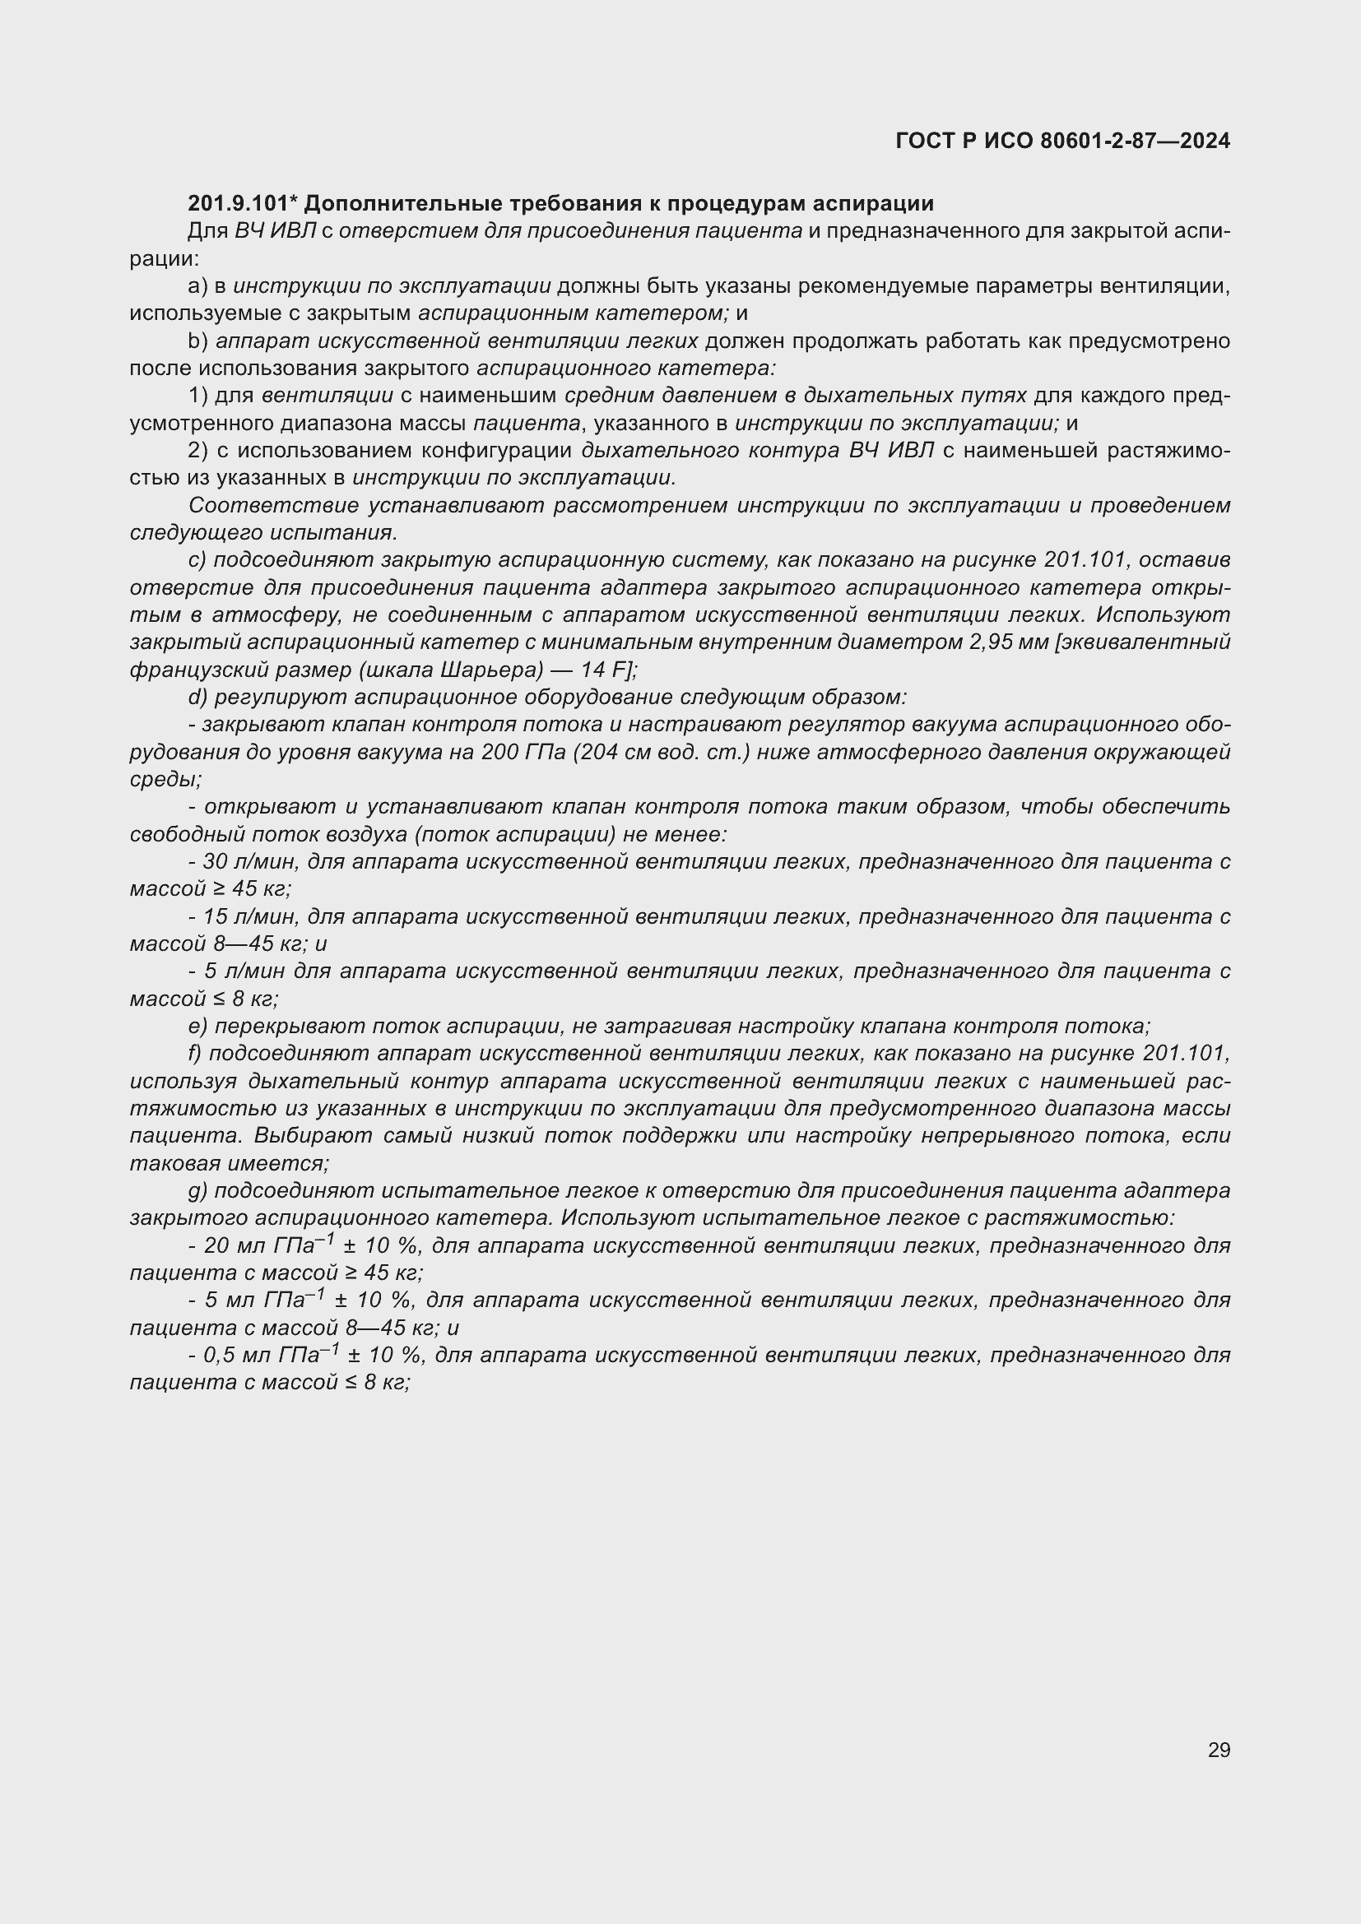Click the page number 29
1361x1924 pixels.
1219,1750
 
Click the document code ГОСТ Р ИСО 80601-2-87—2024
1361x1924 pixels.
1061,141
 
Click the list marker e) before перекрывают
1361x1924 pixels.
197,1027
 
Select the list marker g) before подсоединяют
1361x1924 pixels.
197,1191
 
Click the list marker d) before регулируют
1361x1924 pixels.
197,698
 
